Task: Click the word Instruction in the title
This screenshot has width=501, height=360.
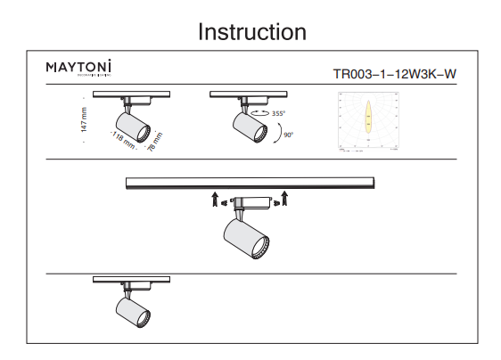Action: point(252,32)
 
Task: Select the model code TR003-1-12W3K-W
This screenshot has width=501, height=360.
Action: point(394,75)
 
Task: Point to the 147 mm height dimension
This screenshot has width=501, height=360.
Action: point(84,120)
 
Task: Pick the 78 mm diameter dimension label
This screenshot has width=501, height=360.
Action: point(155,143)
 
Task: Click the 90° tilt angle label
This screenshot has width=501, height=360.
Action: point(287,135)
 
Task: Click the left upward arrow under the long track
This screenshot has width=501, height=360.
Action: point(215,197)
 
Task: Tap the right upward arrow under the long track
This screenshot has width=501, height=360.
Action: point(285,197)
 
